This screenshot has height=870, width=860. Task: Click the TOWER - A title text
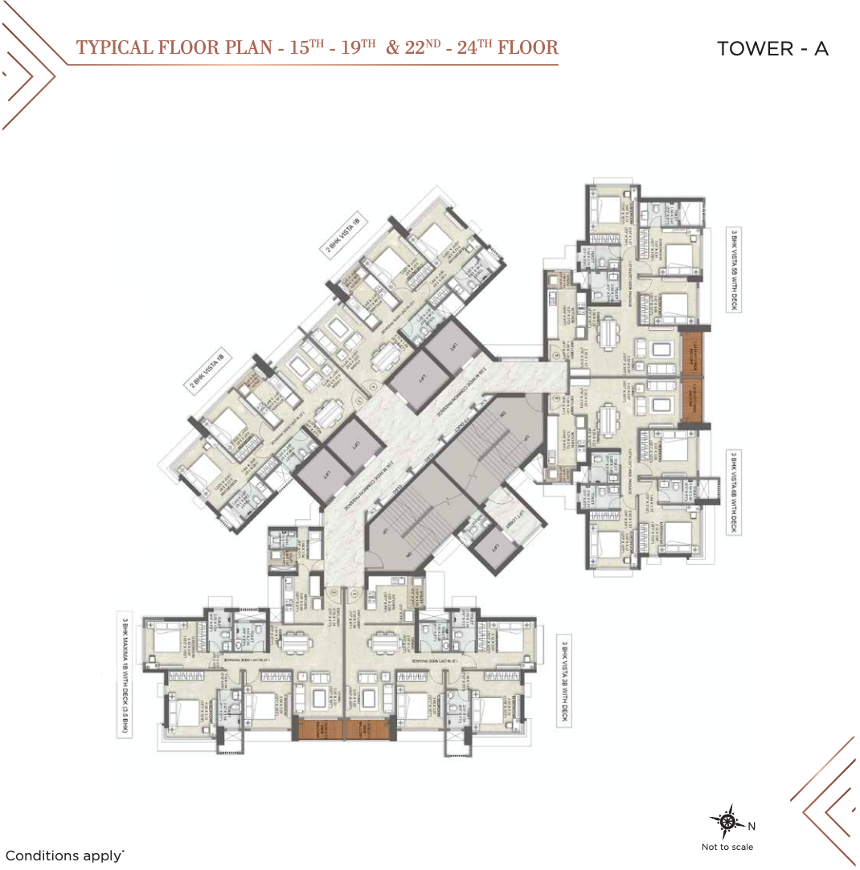[772, 48]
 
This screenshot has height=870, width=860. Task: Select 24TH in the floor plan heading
[469, 47]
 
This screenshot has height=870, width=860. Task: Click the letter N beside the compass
[751, 826]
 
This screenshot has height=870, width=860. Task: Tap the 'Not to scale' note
[727, 846]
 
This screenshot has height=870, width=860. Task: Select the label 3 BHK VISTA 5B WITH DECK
[734, 270]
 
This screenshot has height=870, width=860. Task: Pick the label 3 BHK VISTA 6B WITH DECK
[734, 492]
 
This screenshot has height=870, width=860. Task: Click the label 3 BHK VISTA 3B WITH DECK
[566, 681]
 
